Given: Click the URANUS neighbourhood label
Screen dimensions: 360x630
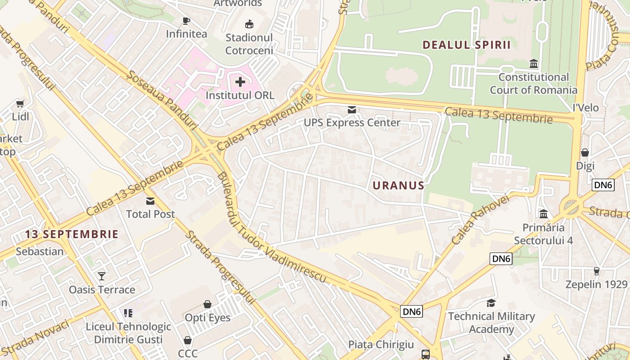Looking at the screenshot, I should click(398, 185).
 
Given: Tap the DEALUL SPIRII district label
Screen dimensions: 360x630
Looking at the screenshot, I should click(467, 45).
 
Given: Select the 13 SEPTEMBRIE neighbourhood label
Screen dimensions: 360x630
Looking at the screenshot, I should click(72, 234).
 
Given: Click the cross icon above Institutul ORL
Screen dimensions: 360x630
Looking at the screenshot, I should click(240, 82).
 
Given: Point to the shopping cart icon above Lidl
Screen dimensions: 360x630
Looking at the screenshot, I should click(20, 104).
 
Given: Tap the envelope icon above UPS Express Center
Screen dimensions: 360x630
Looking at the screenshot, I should click(351, 109).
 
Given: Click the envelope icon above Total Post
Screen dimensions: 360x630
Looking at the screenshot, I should click(150, 201).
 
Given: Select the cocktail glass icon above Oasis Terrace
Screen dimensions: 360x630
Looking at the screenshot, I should click(102, 276).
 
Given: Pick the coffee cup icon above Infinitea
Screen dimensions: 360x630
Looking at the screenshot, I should click(186, 21).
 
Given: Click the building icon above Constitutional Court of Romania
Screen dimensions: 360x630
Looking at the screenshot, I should click(534, 64).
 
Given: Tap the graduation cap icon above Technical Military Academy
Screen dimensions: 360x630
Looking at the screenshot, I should click(491, 303).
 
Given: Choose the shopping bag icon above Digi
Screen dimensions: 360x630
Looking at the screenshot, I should click(585, 153).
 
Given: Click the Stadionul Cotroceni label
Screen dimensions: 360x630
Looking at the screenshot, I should click(249, 44).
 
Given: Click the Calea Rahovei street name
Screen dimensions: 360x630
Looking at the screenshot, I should click(480, 220).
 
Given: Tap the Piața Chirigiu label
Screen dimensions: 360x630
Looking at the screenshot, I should click(381, 345).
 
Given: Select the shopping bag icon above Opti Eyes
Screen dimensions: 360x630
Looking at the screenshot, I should click(207, 305).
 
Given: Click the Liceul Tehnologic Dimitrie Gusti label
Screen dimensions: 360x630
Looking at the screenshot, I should click(128, 333).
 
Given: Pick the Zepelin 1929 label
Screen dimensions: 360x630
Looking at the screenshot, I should click(596, 284).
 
